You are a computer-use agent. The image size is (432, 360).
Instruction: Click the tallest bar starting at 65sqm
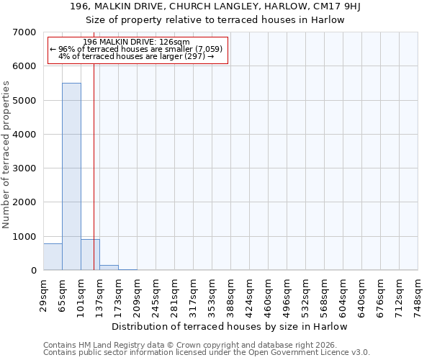pos(71,176)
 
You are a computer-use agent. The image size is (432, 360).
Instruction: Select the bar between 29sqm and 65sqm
pos(53,257)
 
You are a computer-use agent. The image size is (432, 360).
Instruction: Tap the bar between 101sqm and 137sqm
pos(90,255)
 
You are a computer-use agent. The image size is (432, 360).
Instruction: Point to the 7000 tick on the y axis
pos(25,32)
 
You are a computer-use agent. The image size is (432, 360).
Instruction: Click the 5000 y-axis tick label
pos(25,101)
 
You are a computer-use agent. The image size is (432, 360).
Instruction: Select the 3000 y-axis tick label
pos(25,168)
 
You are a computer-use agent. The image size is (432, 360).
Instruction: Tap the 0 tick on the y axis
pos(33,271)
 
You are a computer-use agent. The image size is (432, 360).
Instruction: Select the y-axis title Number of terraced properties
pos(6,155)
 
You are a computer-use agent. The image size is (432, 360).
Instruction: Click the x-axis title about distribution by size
pos(230,326)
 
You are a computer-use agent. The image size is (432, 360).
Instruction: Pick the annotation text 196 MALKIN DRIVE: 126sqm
pos(136,42)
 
